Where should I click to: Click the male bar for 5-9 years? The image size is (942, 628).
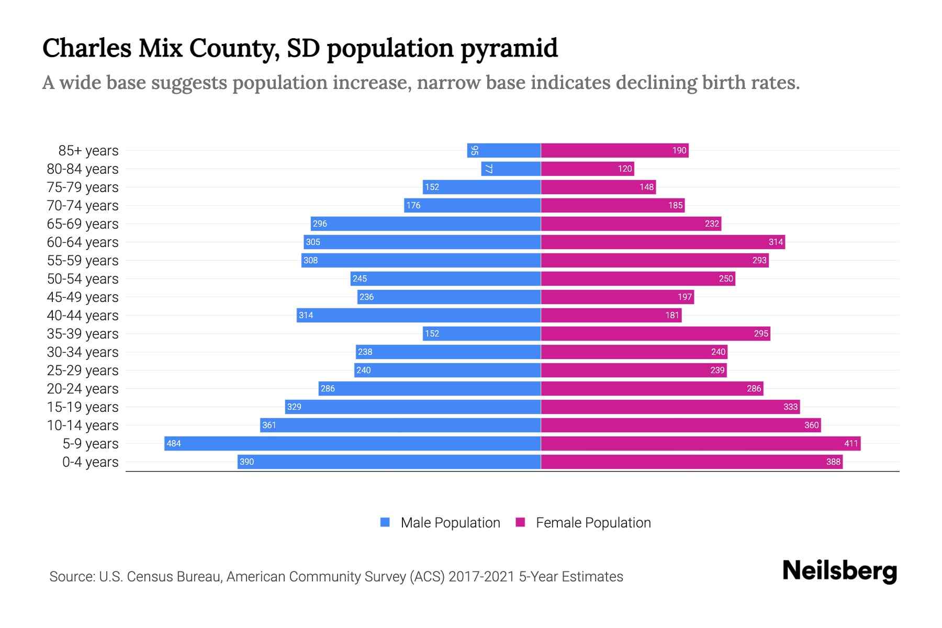coord(352,444)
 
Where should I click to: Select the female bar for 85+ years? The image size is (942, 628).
coord(614,151)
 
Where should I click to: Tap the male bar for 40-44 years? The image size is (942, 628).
coord(419,316)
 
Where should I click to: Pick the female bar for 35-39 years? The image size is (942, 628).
coord(655,334)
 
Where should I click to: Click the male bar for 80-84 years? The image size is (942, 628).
coord(511,169)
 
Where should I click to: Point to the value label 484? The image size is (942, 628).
coord(173,444)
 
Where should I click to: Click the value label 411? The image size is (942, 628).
coord(851,444)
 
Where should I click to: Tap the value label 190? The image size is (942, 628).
coord(679,151)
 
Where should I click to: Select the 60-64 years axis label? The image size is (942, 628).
coord(83,242)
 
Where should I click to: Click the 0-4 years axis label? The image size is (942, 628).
coord(90,462)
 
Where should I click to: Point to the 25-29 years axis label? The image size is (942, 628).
coord(83,371)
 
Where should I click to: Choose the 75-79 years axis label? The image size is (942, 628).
coord(83,187)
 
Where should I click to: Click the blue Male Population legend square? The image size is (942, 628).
coord(385,522)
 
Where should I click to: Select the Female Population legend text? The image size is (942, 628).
coord(593,523)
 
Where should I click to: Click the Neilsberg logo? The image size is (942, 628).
coord(839,571)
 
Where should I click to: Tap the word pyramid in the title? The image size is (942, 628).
coord(509,49)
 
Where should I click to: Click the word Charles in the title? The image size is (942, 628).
coord(87,48)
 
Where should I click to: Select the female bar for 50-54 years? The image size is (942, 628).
coord(637,279)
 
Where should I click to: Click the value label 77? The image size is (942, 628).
coord(488,169)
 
